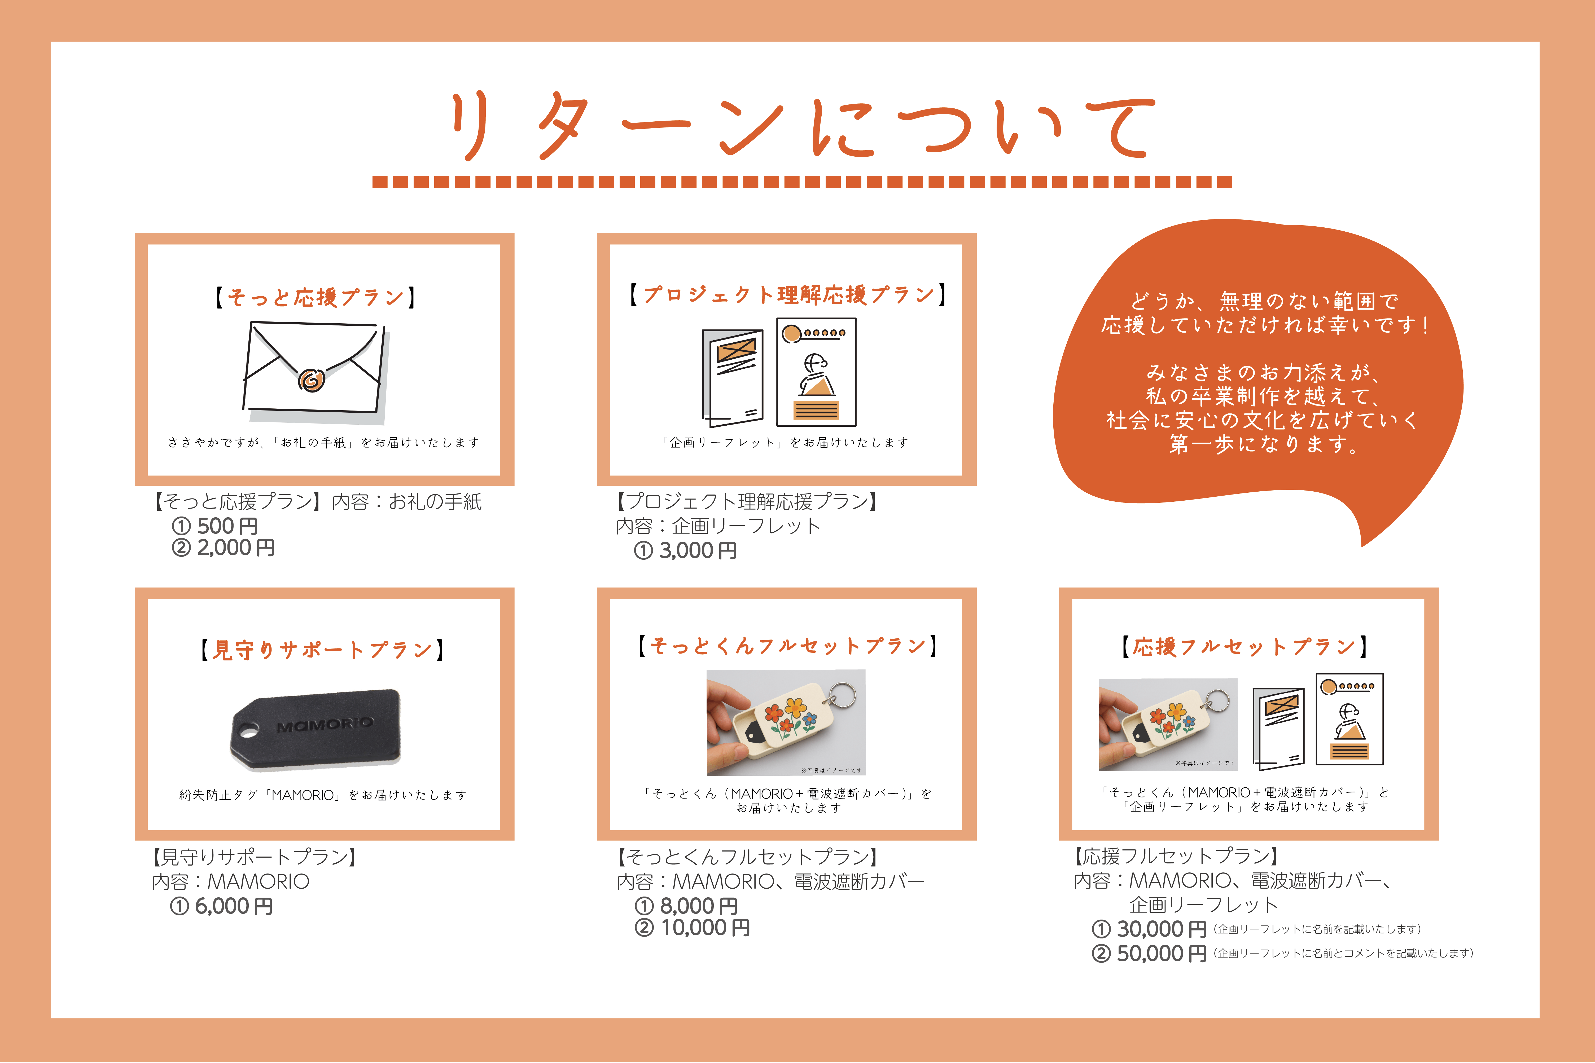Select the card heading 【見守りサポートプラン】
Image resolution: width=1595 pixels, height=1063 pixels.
[322, 650]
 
